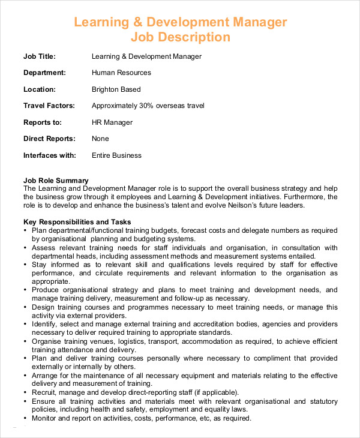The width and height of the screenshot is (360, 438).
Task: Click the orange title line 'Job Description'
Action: tap(180, 37)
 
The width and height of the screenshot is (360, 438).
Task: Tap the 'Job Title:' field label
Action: tap(40, 56)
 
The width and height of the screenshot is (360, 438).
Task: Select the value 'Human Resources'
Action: tap(121, 73)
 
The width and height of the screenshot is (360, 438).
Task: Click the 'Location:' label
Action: tap(40, 89)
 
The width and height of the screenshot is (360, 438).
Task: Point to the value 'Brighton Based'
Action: tap(116, 89)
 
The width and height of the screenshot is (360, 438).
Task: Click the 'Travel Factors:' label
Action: tap(49, 106)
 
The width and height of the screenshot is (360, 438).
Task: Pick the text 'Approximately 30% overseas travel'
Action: tap(148, 106)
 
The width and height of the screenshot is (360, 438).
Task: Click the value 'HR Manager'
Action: tap(112, 122)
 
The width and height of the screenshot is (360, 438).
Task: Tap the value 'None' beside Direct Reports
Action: tap(100, 139)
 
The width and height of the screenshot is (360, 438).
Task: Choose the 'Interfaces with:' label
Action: tap(50, 155)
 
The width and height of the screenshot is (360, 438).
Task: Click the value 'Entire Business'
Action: tap(116, 155)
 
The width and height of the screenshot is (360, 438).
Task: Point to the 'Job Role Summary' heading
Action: tap(56, 180)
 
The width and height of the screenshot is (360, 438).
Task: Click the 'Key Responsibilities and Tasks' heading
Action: tap(77, 221)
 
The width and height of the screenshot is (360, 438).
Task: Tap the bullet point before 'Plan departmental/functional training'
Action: tap(25, 230)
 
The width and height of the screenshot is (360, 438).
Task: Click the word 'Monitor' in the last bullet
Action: tap(46, 418)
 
